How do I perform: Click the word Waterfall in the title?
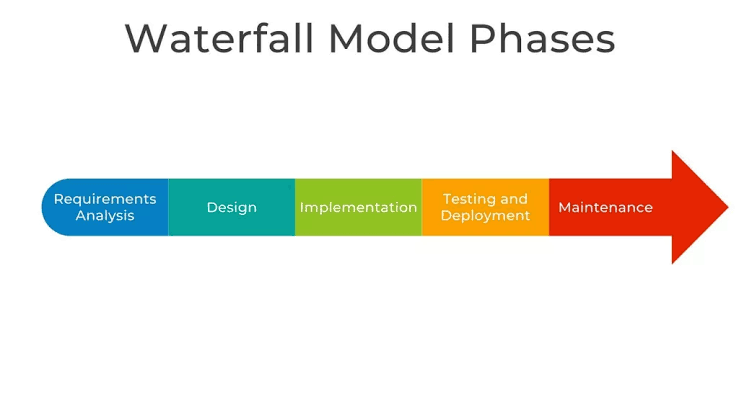pyautogui.click(x=219, y=38)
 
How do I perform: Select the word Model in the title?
pyautogui.click(x=392, y=38)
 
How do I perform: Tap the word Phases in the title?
pyautogui.click(x=542, y=38)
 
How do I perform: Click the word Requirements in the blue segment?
pyautogui.click(x=105, y=199)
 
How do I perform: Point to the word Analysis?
pyautogui.click(x=105, y=216)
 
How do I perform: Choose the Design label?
pyautogui.click(x=232, y=208)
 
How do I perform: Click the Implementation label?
pyautogui.click(x=358, y=208)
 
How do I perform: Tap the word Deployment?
pyautogui.click(x=485, y=216)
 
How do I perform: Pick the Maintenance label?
pyautogui.click(x=606, y=207)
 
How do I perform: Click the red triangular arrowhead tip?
pyautogui.click(x=728, y=207)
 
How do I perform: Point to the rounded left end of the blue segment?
pyautogui.click(x=42, y=207)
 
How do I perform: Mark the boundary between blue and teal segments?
pyautogui.click(x=168, y=207)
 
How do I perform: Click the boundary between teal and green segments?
pyautogui.click(x=295, y=207)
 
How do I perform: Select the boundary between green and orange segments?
pyautogui.click(x=422, y=207)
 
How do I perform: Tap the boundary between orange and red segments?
pyautogui.click(x=549, y=207)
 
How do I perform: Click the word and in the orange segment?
pyautogui.click(x=514, y=199)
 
